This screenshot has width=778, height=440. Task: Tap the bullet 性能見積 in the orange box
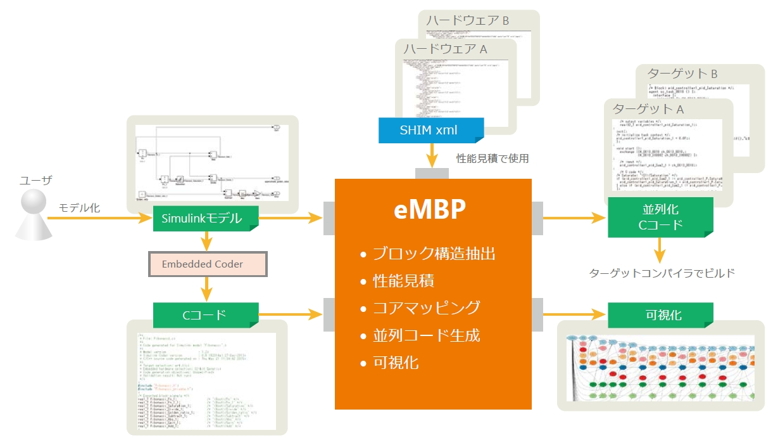point(403,281)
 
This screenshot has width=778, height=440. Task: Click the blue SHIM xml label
point(431,130)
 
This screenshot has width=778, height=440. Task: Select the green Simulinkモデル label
point(206,219)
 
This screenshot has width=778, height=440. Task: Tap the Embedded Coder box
point(208,264)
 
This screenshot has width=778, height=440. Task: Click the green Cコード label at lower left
point(206,314)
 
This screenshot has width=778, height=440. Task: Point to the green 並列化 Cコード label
point(660,217)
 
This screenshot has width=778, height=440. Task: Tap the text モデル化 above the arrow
point(79,207)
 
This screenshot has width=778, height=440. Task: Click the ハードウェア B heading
point(467,20)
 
